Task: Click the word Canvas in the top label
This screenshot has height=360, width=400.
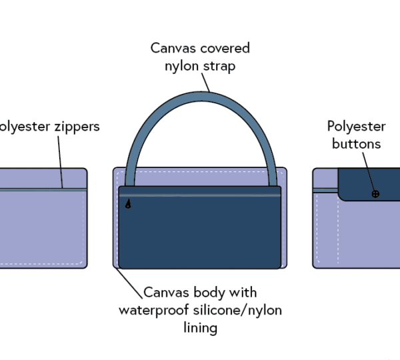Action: click(x=170, y=48)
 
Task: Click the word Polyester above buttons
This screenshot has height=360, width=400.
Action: click(x=356, y=127)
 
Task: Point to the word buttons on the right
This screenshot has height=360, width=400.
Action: click(x=356, y=143)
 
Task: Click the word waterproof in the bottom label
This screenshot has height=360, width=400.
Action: click(x=153, y=310)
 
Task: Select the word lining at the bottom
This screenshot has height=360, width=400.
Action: click(x=200, y=327)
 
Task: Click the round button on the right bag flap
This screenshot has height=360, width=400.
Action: click(x=375, y=193)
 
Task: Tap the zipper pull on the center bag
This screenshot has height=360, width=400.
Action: click(x=128, y=205)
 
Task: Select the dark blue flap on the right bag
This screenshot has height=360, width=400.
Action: click(x=367, y=183)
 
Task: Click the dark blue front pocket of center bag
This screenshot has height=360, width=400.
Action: click(x=200, y=233)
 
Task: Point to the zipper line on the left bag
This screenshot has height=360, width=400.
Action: click(x=40, y=190)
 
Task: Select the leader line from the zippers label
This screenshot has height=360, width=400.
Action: click(x=61, y=160)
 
